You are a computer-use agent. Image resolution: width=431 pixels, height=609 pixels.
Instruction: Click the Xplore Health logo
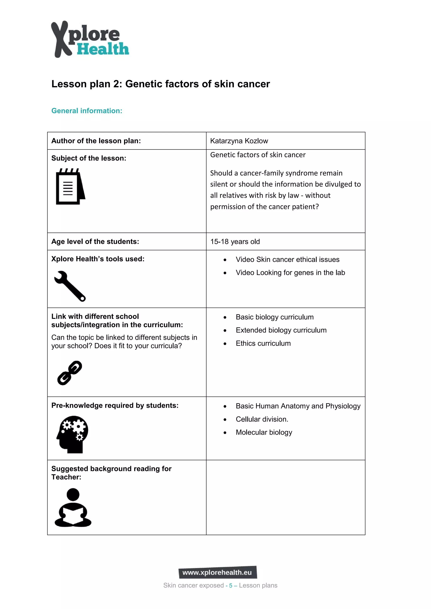click(x=89, y=39)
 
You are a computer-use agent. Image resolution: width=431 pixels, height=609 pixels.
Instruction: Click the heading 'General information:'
click(x=87, y=111)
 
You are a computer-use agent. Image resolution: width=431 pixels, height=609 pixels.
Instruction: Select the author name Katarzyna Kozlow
click(x=239, y=141)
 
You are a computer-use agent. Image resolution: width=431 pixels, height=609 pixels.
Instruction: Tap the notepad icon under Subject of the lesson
click(x=70, y=187)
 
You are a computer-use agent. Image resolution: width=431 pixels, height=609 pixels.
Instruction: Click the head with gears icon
click(x=72, y=434)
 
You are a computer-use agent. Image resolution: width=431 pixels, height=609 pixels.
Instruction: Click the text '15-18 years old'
click(x=235, y=242)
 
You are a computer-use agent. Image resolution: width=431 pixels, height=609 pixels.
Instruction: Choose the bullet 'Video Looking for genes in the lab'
click(x=290, y=273)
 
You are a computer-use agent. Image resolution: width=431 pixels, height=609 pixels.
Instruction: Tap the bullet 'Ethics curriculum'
click(x=263, y=343)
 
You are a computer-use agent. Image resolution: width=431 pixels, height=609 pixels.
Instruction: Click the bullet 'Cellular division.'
click(x=262, y=419)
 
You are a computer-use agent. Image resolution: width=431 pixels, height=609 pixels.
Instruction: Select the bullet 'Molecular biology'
click(x=264, y=432)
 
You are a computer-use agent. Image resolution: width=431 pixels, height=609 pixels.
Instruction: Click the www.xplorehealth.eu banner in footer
click(x=217, y=572)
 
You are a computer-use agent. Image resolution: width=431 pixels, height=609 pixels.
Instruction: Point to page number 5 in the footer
click(x=231, y=585)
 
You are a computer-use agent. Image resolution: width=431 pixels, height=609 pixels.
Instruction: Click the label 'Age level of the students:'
click(x=95, y=242)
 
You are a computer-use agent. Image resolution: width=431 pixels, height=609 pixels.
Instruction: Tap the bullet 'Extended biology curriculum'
click(x=281, y=330)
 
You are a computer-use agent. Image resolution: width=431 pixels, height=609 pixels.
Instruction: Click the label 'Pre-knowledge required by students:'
click(x=115, y=406)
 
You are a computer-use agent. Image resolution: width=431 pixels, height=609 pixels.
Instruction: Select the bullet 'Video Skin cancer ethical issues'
click(x=287, y=259)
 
